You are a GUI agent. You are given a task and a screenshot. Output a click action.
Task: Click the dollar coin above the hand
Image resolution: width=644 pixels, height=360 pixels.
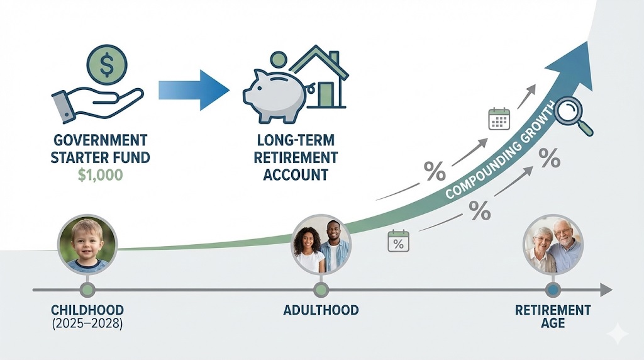coord(107,64)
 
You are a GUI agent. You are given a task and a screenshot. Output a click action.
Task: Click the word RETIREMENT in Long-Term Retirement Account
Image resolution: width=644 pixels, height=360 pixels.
coord(296,157)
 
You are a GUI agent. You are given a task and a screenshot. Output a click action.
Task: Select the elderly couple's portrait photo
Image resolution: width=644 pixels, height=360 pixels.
coord(553,244)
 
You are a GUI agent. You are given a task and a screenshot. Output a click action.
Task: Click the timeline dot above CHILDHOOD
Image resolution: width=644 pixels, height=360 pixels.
coord(87,290)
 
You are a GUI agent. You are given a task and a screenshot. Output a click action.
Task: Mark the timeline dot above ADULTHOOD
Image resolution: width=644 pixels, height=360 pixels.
coord(321,290)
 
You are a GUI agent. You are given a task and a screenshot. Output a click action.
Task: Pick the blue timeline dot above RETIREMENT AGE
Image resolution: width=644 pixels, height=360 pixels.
coord(553,290)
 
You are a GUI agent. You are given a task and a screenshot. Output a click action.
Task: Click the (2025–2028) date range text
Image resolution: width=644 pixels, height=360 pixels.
coord(87,324)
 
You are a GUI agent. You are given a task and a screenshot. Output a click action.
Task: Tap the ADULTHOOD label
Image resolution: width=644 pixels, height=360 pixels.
coord(321,310)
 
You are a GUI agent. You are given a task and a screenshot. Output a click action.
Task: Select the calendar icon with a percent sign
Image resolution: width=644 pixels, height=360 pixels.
coord(398,241)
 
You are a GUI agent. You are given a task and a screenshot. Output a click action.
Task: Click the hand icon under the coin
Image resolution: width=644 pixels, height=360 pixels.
coord(94,101)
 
